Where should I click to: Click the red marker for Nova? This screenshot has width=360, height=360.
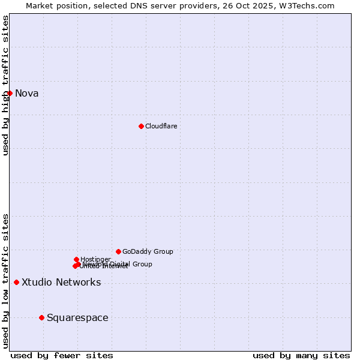click(x=10, y=93)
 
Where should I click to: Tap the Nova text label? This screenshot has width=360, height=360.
click(x=26, y=93)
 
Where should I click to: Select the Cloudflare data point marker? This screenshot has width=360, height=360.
click(x=141, y=126)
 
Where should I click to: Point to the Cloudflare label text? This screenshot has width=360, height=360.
click(x=161, y=126)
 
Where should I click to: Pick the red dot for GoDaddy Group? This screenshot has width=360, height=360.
click(x=118, y=251)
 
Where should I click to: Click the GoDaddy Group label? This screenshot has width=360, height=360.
click(x=148, y=251)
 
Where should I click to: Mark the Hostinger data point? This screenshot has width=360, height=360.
click(x=76, y=259)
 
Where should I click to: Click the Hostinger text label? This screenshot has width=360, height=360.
click(x=95, y=259)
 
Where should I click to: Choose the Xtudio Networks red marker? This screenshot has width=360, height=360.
click(x=16, y=282)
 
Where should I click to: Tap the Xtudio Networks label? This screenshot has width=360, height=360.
click(x=61, y=282)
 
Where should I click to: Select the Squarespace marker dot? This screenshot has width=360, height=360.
click(x=41, y=317)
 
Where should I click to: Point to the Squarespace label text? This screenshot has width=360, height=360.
click(x=77, y=317)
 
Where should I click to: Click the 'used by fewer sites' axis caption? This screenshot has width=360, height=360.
click(x=62, y=355)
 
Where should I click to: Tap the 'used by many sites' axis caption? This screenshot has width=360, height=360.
click(x=301, y=355)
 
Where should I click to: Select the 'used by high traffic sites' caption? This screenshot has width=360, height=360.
click(x=5, y=85)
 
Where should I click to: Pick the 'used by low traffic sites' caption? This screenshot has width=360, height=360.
click(x=5, y=280)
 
